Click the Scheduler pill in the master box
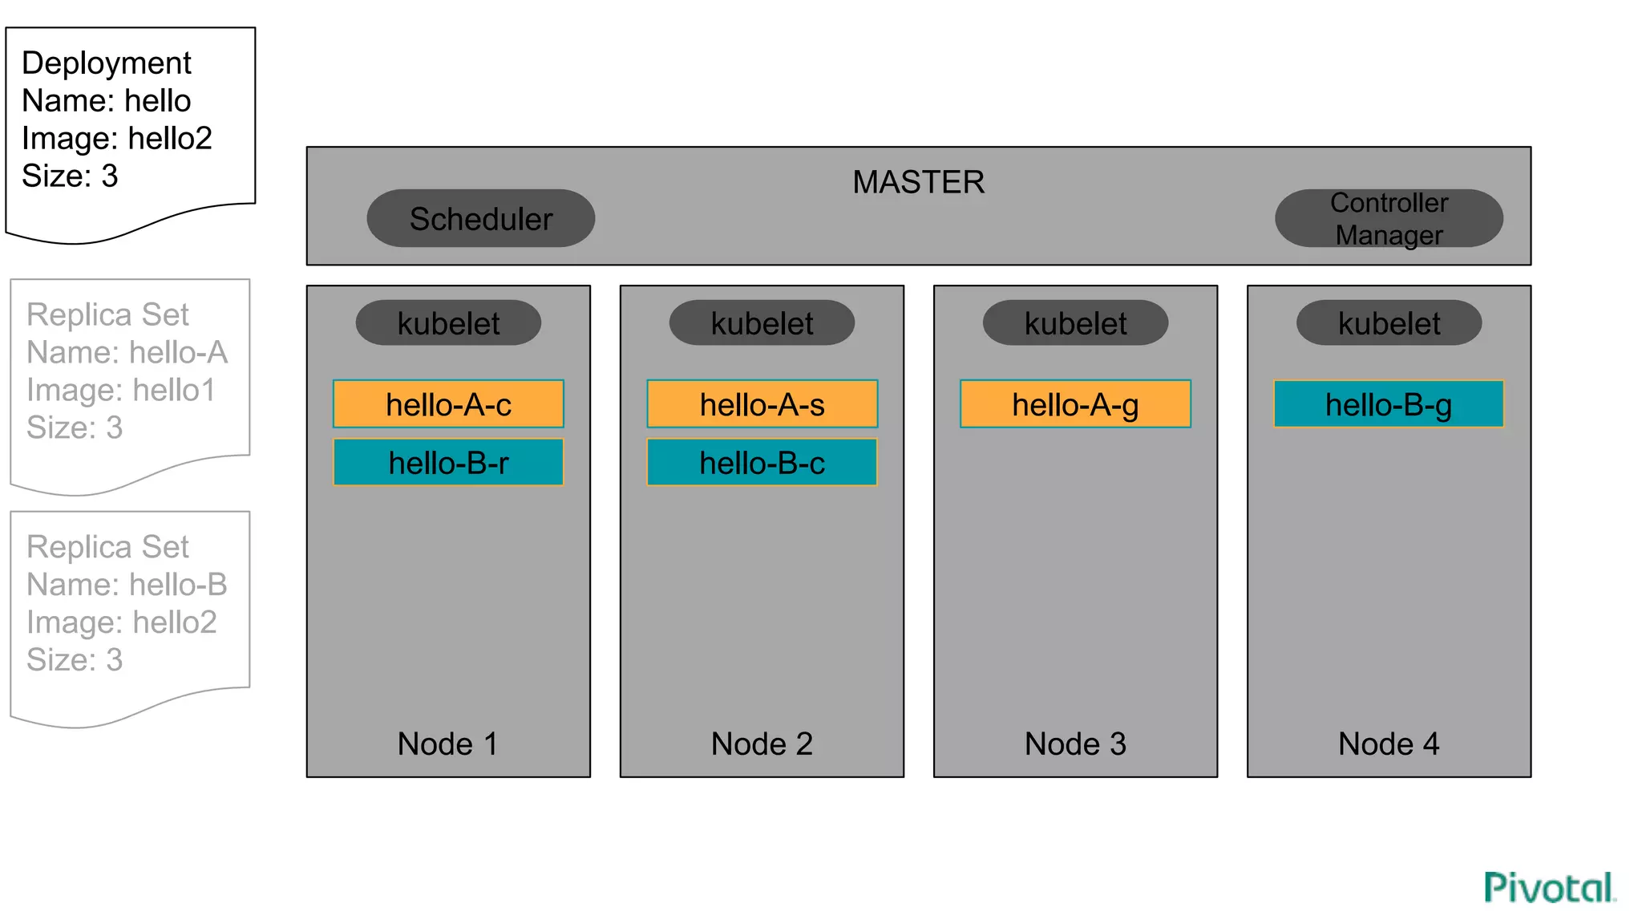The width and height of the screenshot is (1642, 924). [480, 218]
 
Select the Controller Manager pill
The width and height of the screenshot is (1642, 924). [1389, 218]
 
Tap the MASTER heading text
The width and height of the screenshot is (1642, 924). [918, 182]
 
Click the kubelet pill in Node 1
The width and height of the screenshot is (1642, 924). [448, 323]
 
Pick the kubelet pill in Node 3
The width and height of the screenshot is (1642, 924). [1075, 323]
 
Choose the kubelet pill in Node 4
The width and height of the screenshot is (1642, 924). [1389, 323]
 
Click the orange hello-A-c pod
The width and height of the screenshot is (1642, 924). [448, 404]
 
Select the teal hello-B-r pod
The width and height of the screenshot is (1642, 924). [448, 462]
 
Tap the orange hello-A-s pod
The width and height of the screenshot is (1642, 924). [762, 404]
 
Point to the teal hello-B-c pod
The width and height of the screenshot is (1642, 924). [762, 462]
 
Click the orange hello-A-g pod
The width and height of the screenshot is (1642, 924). [1075, 404]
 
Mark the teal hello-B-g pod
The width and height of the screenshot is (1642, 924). [1389, 404]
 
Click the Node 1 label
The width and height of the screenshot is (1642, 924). [448, 744]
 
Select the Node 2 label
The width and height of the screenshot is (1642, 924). [762, 744]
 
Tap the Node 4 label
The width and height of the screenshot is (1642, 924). [1389, 744]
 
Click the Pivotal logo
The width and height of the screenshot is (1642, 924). [1549, 887]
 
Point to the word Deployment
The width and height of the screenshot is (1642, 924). [107, 63]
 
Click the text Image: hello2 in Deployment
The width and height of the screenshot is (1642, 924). [117, 138]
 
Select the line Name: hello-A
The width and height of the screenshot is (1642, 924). [127, 352]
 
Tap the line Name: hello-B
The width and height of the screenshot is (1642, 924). [127, 584]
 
